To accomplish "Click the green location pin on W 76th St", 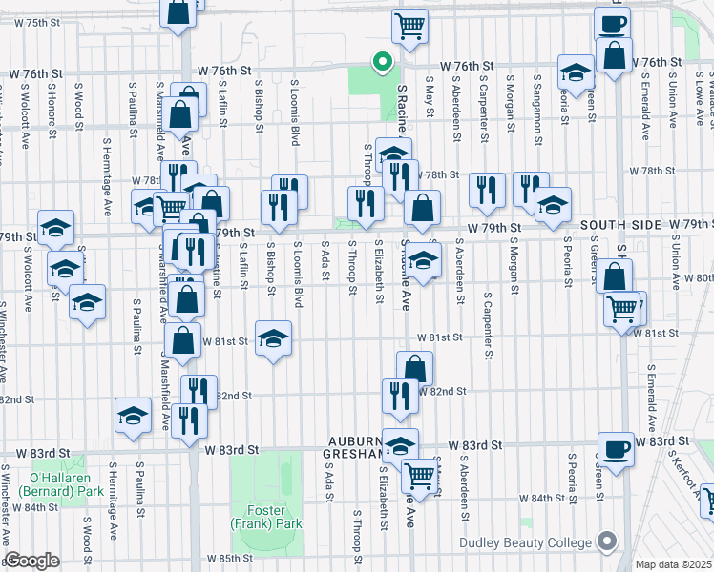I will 382,62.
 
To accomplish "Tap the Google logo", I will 31,561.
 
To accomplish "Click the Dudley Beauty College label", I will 525,542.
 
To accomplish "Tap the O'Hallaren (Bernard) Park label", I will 39,483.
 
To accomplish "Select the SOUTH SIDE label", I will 619,225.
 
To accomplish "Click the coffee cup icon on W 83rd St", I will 616,449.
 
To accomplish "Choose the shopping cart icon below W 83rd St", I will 419,475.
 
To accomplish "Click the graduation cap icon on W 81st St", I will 273,337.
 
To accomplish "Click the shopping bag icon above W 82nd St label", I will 415,368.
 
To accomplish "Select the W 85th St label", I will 228,558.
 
